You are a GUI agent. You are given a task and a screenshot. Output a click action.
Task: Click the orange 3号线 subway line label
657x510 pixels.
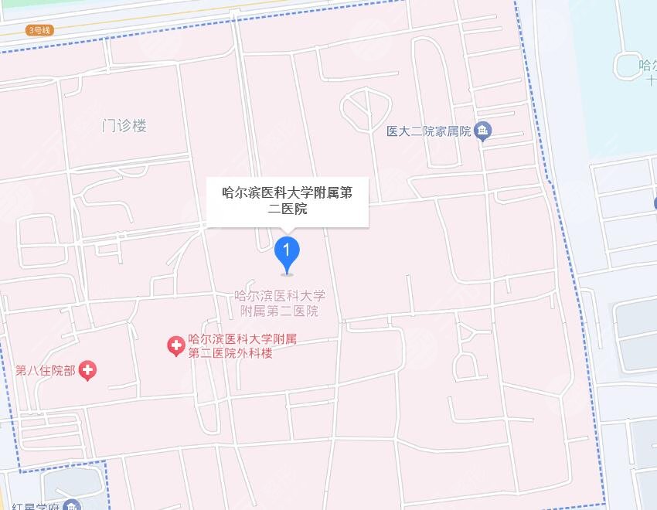(39, 30)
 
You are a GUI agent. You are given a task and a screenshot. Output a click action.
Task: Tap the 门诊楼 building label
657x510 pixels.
(124, 126)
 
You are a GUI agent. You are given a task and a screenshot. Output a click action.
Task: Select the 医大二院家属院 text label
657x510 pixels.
(429, 131)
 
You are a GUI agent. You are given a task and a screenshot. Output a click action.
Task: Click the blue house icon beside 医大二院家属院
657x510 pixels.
(483, 131)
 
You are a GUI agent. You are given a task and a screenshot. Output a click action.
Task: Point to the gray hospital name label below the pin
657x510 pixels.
(279, 304)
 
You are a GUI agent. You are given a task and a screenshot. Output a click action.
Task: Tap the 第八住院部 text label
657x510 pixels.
(46, 370)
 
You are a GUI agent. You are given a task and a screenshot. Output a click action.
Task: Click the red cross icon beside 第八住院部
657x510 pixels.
(88, 371)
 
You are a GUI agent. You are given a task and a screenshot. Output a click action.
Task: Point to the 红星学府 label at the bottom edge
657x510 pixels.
(36, 505)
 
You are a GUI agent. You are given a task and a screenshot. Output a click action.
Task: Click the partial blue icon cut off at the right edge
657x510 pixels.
(654, 203)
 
